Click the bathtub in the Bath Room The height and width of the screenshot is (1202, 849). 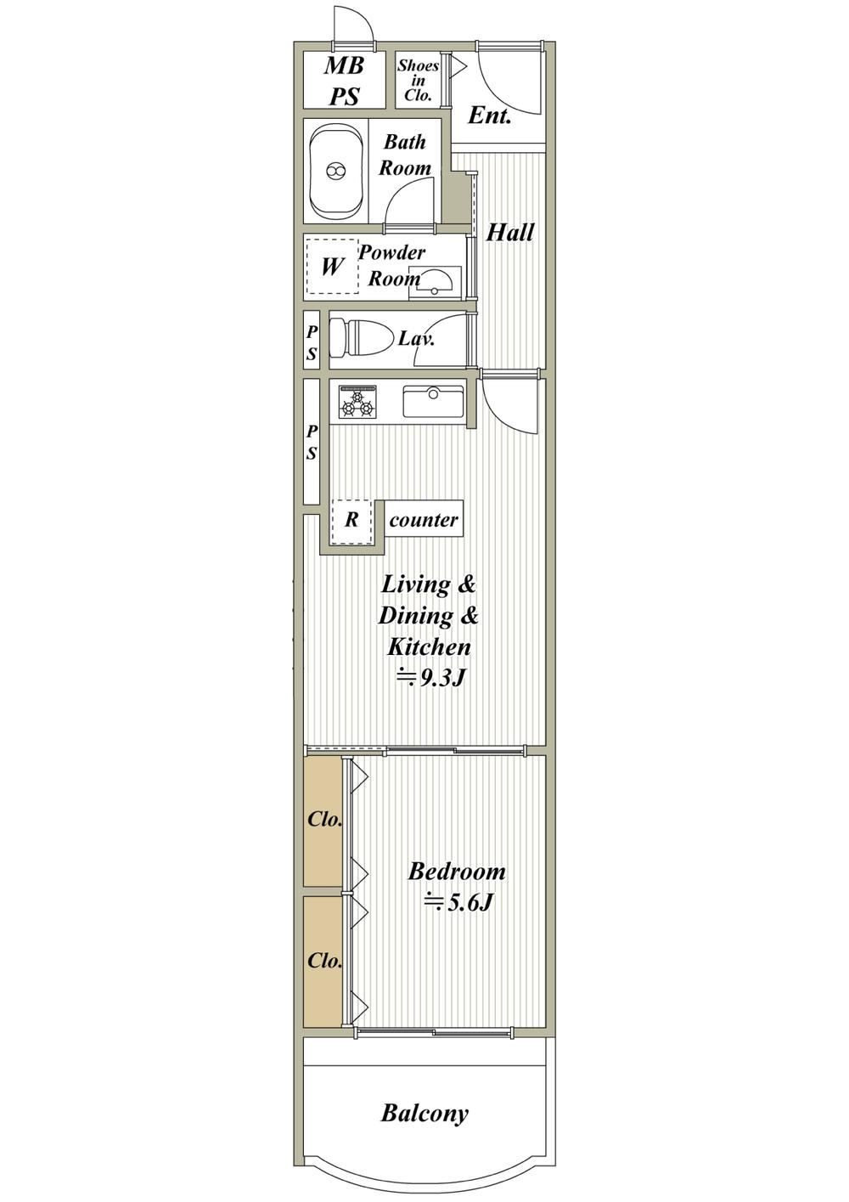click(x=335, y=171)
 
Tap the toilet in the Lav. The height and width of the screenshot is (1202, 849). click(x=358, y=338)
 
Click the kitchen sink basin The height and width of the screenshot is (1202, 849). click(x=433, y=402)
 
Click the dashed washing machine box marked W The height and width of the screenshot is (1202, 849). click(x=332, y=266)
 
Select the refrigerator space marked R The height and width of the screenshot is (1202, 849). click(x=351, y=521)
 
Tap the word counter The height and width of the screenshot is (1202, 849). click(x=424, y=520)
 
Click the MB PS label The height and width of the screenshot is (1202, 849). click(x=344, y=81)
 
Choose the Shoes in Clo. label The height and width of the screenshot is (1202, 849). click(x=418, y=81)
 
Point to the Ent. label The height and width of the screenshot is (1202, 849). click(x=489, y=116)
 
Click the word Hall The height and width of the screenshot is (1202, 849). click(x=509, y=233)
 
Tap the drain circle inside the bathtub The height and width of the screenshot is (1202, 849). click(x=335, y=171)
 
